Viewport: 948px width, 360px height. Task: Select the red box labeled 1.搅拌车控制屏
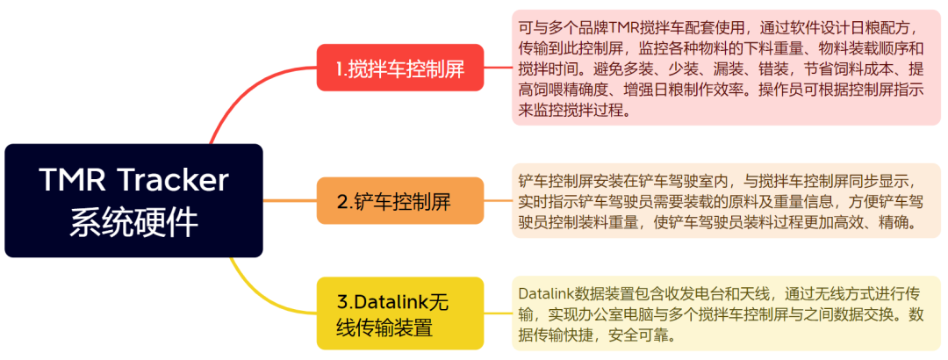point(400,67)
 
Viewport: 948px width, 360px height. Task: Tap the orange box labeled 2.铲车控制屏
point(400,201)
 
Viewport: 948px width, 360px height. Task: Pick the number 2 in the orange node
point(342,202)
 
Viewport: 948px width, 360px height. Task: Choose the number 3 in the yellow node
point(342,301)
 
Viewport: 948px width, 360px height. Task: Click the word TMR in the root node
point(68,180)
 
